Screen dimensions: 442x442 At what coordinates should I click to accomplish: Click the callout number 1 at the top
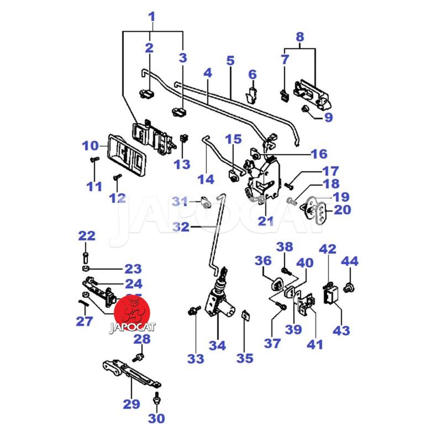pyautogui.click(x=151, y=17)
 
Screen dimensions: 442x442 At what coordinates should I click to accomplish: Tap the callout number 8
pyautogui.click(x=300, y=37)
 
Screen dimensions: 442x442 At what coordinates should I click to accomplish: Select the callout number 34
pyautogui.click(x=217, y=346)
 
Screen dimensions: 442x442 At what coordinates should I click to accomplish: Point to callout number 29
pyautogui.click(x=131, y=404)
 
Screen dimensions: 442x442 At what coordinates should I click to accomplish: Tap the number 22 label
pyautogui.click(x=86, y=236)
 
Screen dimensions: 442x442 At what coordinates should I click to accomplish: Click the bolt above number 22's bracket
pyautogui.click(x=86, y=257)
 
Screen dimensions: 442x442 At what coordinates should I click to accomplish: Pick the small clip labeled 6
pyautogui.click(x=252, y=93)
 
